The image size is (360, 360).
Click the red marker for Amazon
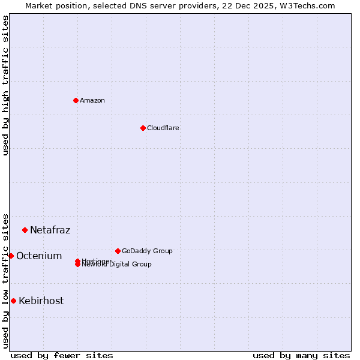[x=76, y=100]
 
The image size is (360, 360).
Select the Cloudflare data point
[x=143, y=128]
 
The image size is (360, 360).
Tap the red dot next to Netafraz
[x=25, y=230]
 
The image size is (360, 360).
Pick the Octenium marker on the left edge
[x=11, y=256]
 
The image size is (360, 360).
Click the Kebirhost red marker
[x=13, y=301]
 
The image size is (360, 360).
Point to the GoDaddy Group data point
[x=118, y=251]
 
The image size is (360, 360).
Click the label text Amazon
[x=92, y=100]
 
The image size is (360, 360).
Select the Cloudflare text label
[x=163, y=128]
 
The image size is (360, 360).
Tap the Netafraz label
[x=50, y=230]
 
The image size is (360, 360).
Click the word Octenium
[x=38, y=256]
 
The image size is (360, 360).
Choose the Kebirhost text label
[x=41, y=301]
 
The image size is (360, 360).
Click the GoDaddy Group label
[x=147, y=251]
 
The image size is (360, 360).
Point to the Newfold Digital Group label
[x=116, y=265]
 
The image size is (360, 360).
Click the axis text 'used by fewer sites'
[x=62, y=355]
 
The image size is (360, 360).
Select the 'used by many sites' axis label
[x=301, y=355]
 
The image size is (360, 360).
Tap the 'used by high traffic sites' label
[x=5, y=85]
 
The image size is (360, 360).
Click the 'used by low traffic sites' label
[x=5, y=280]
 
